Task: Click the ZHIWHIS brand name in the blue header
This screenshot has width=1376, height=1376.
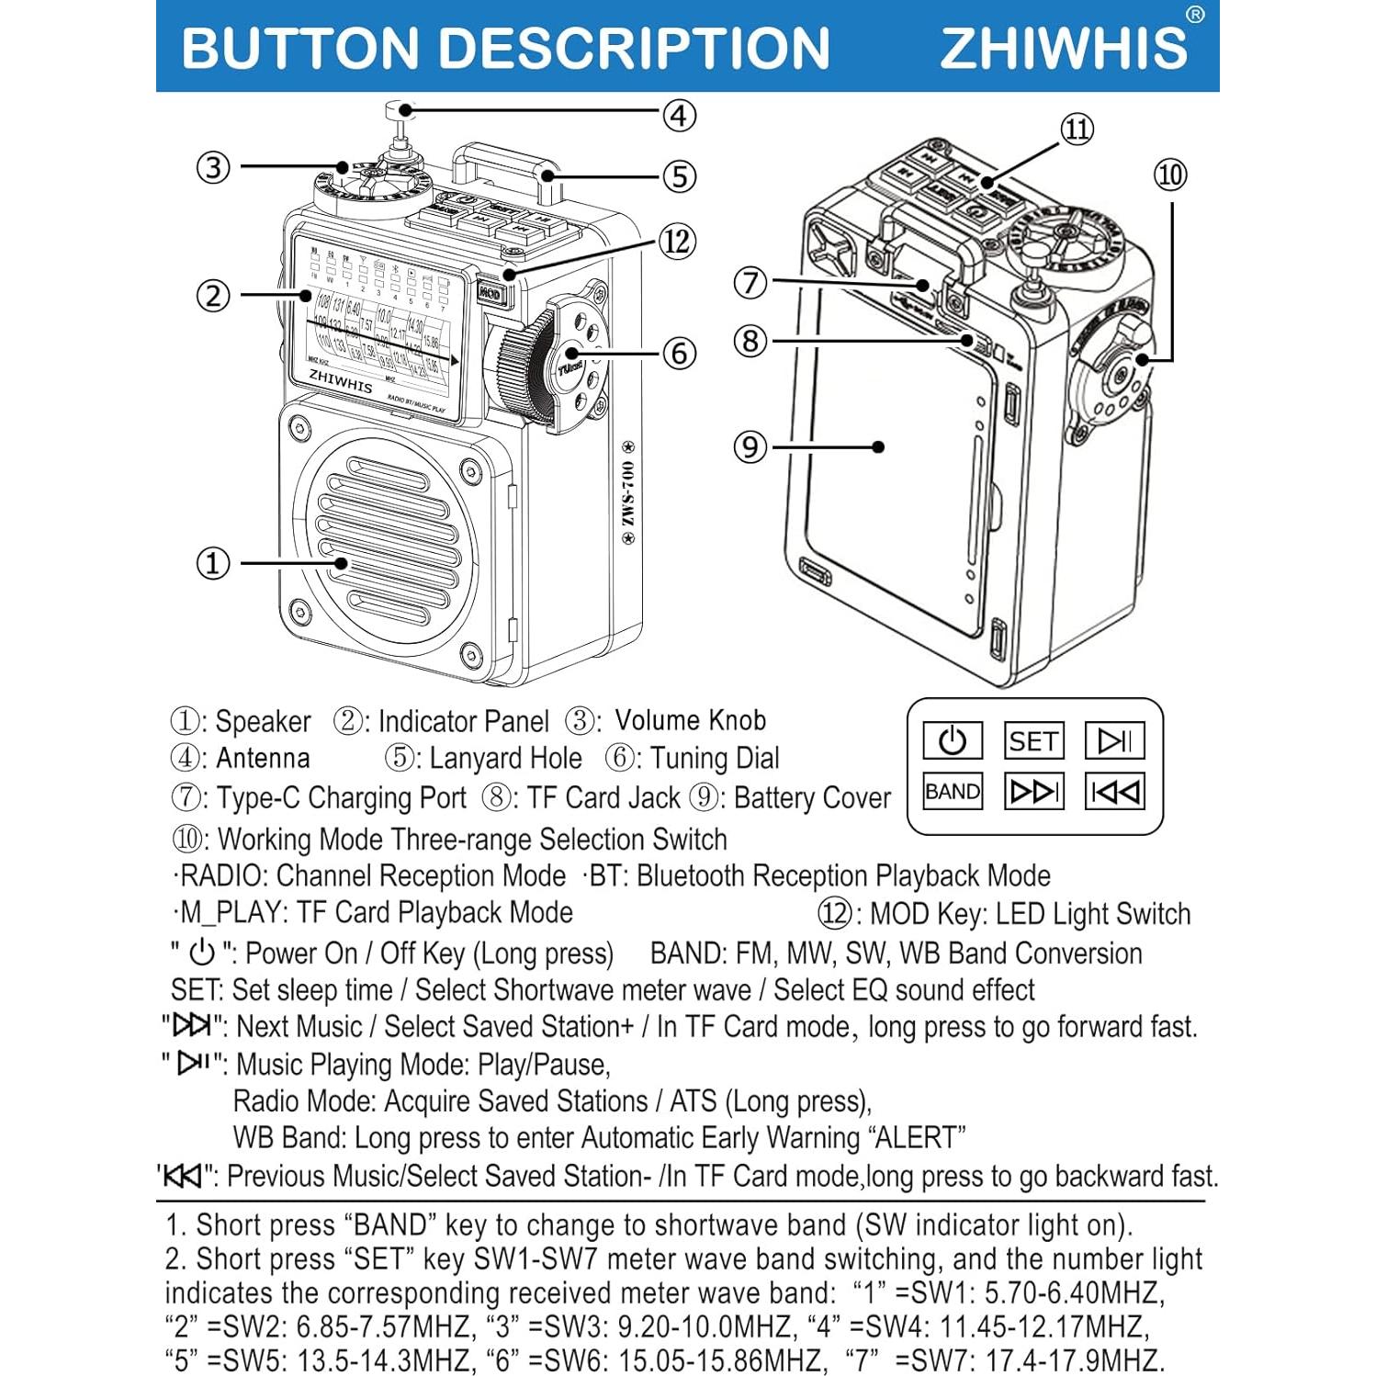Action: [1064, 48]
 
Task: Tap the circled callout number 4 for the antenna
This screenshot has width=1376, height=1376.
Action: [679, 116]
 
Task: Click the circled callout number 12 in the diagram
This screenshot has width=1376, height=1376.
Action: [677, 242]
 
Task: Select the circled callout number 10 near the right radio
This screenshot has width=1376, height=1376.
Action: [1170, 175]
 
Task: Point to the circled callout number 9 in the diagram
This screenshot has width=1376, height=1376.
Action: [750, 447]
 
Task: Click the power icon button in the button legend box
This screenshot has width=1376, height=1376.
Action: [953, 740]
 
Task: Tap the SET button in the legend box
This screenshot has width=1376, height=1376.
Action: [1033, 740]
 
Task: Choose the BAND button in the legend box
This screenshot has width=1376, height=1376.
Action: [953, 792]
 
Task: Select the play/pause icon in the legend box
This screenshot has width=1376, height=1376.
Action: [1114, 740]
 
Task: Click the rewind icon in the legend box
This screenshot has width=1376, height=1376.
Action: [1114, 792]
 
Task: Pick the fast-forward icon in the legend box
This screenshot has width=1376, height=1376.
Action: [1033, 792]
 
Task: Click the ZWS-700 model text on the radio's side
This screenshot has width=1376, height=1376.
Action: [628, 494]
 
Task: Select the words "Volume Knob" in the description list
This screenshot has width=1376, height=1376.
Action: [690, 720]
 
